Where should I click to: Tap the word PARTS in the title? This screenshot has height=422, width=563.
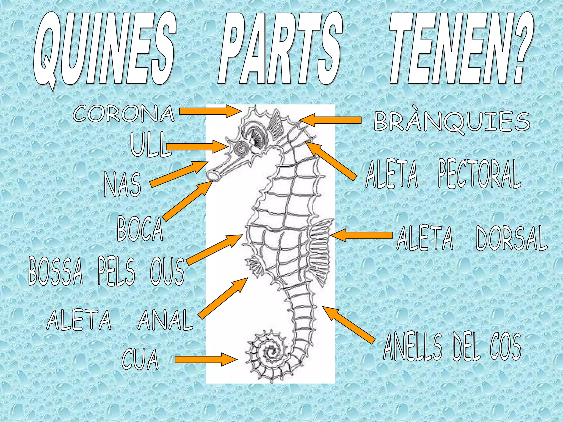[x=280, y=49]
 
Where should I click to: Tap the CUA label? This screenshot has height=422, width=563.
[x=140, y=359]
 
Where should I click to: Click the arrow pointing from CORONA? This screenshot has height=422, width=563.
[x=210, y=111]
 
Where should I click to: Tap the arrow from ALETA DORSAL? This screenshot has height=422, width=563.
[x=361, y=235]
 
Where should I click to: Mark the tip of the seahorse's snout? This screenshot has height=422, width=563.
[x=212, y=176]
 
